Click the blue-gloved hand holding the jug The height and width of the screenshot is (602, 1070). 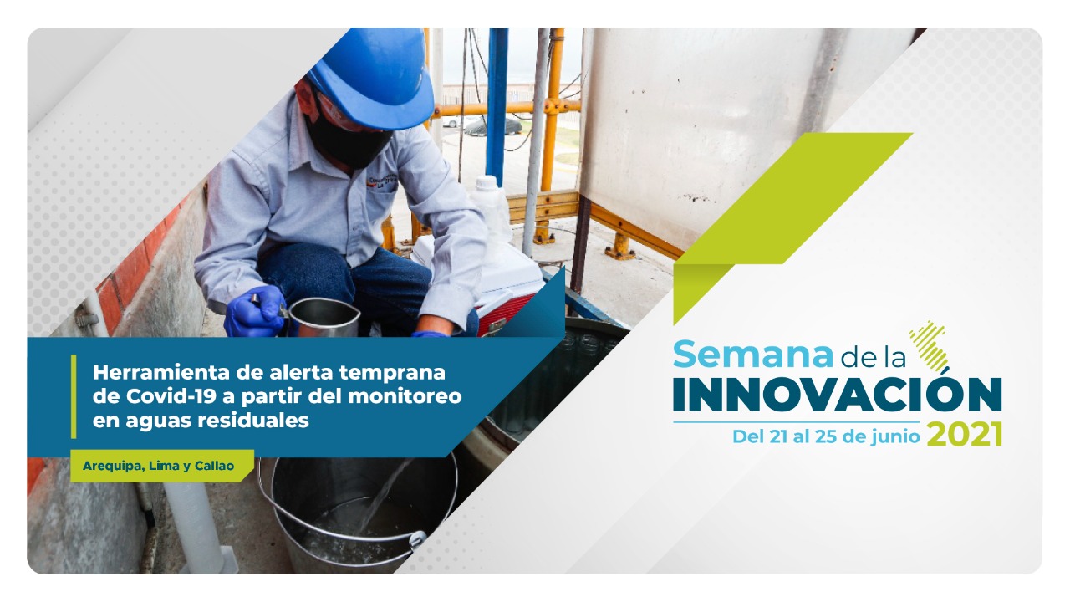pos(255,312)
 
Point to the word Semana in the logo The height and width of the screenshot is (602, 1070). pos(753,355)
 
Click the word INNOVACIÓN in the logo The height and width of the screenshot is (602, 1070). pos(838,395)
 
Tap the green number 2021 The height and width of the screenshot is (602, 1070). pos(965,435)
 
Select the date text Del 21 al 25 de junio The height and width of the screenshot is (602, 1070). pos(826,436)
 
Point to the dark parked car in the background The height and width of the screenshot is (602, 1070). pos(493,126)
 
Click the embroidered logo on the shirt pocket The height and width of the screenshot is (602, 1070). pos(382,181)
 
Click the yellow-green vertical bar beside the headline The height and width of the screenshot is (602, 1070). pos(74,396)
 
